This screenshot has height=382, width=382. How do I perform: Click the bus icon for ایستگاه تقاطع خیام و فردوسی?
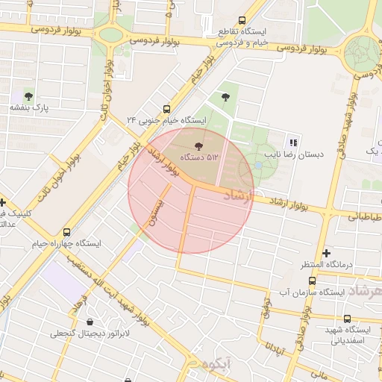pos(240,21)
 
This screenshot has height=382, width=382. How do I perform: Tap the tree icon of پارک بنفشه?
pos(28,96)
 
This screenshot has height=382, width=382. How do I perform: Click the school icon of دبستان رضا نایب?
pos(293,142)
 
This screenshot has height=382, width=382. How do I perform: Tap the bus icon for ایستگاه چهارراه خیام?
pos(67,232)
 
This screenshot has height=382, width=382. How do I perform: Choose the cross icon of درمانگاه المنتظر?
pos(326,253)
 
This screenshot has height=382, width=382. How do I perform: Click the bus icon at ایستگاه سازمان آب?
pos(312,281)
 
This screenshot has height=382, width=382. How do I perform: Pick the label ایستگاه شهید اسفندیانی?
pos(348,334)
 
